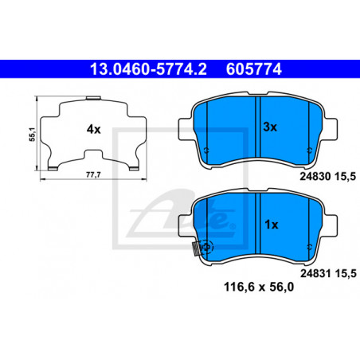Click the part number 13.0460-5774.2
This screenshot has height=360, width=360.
click(x=148, y=69)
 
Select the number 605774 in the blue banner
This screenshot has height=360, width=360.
click(x=254, y=69)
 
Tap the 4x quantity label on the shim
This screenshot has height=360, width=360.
click(x=94, y=129)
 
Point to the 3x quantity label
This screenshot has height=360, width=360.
click(x=270, y=127)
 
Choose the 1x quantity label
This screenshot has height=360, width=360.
click(x=272, y=225)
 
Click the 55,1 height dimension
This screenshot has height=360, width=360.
click(x=32, y=134)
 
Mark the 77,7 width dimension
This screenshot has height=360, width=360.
click(x=93, y=175)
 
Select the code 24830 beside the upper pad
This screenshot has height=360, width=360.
click(x=315, y=177)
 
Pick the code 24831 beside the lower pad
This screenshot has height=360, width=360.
click(x=315, y=273)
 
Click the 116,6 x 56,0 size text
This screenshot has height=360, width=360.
click(x=259, y=287)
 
